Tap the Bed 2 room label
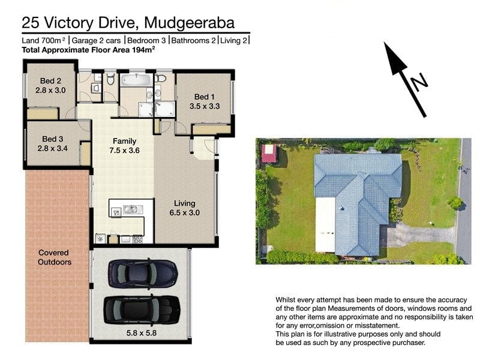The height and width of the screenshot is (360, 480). [50, 86]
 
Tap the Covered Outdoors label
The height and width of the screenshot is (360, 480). [55, 257]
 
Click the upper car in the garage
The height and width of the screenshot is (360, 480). [142, 274]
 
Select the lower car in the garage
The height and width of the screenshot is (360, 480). [142, 308]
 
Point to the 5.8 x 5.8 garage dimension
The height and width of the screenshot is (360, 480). [140, 331]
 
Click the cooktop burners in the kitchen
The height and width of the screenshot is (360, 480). [137, 239]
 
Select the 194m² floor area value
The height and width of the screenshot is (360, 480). [143, 51]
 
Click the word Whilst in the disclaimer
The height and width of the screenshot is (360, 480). [287, 299]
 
